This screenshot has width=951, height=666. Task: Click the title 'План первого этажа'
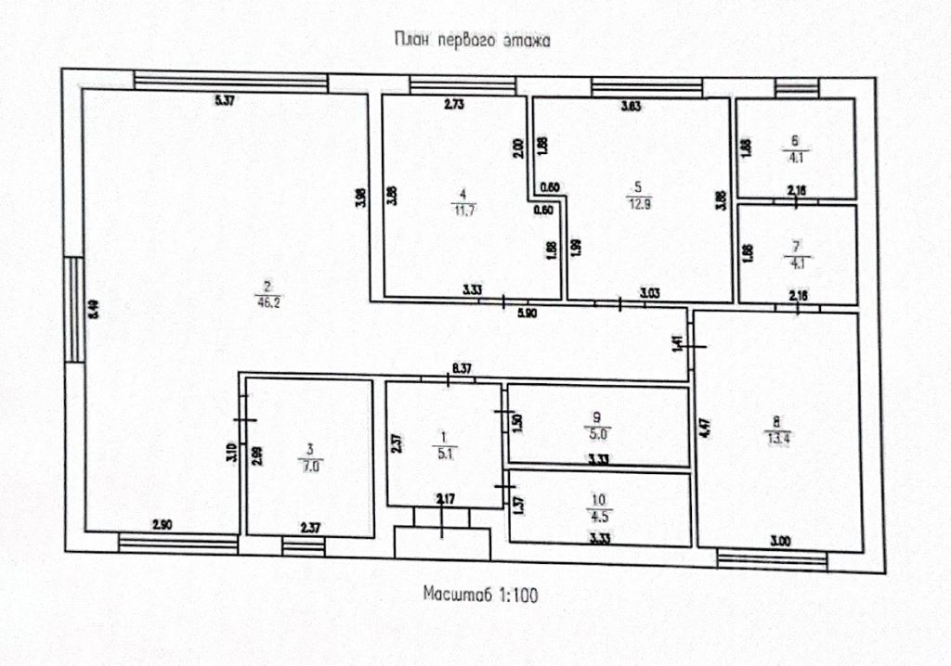tap(474, 40)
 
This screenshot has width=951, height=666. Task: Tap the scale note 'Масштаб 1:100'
tap(479, 594)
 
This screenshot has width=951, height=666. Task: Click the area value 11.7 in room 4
tap(462, 209)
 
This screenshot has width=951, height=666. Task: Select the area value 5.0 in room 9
tap(598, 431)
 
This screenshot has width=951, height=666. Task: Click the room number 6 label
tap(795, 141)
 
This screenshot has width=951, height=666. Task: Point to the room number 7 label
tap(796, 246)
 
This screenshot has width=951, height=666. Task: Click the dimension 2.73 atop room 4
tap(453, 106)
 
